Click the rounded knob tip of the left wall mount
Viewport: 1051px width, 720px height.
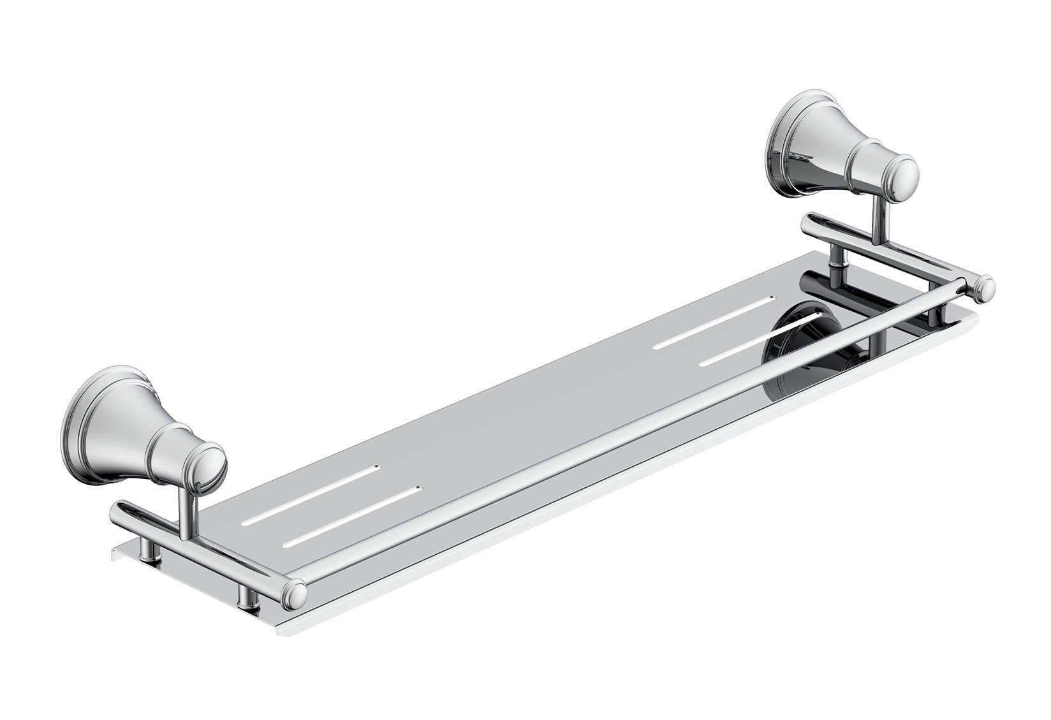click(211, 465)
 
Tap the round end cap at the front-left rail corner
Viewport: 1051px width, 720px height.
click(295, 594)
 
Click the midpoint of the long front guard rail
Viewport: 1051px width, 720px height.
click(638, 440)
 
